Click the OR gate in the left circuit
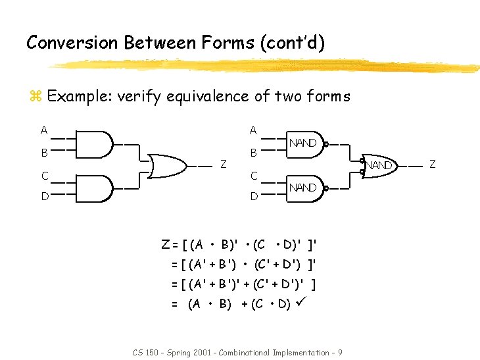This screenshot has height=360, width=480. point(170,166)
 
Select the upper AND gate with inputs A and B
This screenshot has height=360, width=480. point(94,144)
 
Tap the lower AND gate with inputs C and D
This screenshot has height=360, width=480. point(94,188)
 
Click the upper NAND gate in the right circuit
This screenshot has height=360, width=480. point(304,144)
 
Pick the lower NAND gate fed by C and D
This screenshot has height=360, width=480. point(304,188)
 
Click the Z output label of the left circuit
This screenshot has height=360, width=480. point(224,164)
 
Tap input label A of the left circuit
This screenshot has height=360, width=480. point(43,130)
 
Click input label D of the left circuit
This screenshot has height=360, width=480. point(43,195)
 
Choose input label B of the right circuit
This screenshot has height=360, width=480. point(253,153)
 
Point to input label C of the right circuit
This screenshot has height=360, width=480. point(253,176)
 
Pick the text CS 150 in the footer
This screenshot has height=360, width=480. point(147,353)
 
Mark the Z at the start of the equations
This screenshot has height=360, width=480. point(166,245)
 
